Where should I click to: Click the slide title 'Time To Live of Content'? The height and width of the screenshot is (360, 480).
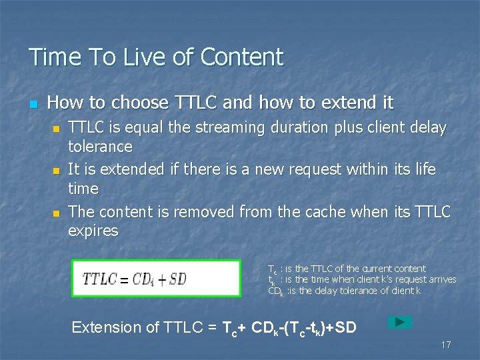coord(155,57)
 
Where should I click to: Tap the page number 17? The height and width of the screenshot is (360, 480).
coord(446,345)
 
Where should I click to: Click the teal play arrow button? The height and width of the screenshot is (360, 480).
coord(400,322)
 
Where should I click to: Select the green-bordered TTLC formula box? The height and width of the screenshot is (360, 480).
coord(156,279)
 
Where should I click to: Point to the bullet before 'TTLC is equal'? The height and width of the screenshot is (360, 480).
coord(56,128)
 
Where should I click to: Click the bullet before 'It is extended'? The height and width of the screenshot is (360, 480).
coord(56,171)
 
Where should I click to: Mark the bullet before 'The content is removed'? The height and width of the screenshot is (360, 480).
coord(56,213)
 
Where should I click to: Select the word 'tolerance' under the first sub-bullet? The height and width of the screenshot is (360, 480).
coord(101,146)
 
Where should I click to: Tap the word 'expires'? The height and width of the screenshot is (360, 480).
coord(93,231)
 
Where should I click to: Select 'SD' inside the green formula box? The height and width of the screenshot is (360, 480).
coord(177,279)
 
